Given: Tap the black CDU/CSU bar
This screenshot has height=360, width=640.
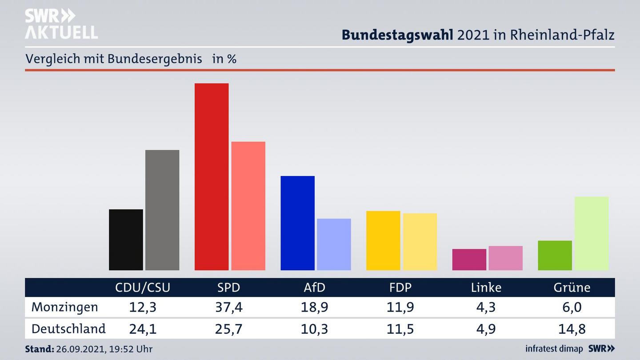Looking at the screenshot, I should coord(126,240).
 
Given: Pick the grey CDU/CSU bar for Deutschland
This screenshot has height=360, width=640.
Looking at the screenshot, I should coord(162,210).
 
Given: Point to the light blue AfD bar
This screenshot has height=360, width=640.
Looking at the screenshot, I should coord(334,244).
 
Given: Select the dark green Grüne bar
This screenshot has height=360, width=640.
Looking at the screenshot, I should coord(555,255).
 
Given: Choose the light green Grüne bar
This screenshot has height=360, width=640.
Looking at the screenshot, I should coord(591,233).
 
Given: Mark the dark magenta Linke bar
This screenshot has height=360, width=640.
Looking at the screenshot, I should coord(469,260).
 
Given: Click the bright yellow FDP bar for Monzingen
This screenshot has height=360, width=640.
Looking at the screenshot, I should coord(383,240).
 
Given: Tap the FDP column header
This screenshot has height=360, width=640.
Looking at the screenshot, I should coord(400,288).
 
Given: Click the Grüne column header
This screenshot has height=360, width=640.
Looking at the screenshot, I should coord(572,288).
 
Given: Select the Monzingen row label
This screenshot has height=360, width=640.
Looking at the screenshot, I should coord(64,307).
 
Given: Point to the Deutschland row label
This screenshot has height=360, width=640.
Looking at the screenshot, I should coord(68,329).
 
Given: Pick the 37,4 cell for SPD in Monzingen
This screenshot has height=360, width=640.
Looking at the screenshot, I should coord(228,307).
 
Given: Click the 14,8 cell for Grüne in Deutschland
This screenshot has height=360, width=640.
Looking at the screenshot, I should coord(572,329).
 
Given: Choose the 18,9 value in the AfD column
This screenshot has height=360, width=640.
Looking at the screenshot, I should coord(314,307).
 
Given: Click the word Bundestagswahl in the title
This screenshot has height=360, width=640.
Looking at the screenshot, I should coord(397,35).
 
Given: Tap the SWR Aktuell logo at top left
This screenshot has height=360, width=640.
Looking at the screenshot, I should coord(61,24).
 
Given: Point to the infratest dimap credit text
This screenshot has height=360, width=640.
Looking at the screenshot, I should coord(554,349).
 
